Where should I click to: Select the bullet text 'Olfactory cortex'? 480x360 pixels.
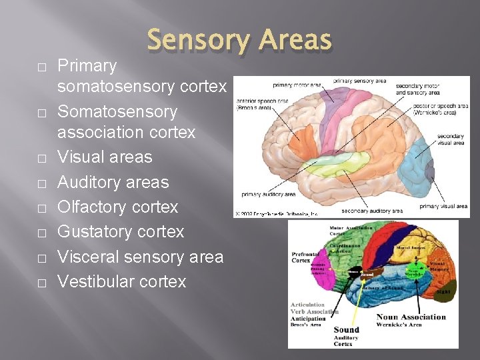[x=117, y=207]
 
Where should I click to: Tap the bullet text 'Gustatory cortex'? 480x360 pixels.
[x=120, y=231]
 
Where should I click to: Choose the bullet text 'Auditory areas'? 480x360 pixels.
[x=113, y=182]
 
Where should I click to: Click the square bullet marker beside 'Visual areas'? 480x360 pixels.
[x=41, y=158]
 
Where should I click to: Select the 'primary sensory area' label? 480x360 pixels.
[x=359, y=81]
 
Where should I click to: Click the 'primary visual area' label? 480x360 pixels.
[x=443, y=207]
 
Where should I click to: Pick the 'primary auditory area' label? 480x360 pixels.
[x=269, y=194]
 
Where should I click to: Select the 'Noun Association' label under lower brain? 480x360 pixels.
[x=411, y=317]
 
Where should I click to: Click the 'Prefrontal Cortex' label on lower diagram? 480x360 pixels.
[x=305, y=257]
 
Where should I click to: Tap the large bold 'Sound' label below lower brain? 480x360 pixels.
[x=346, y=329]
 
